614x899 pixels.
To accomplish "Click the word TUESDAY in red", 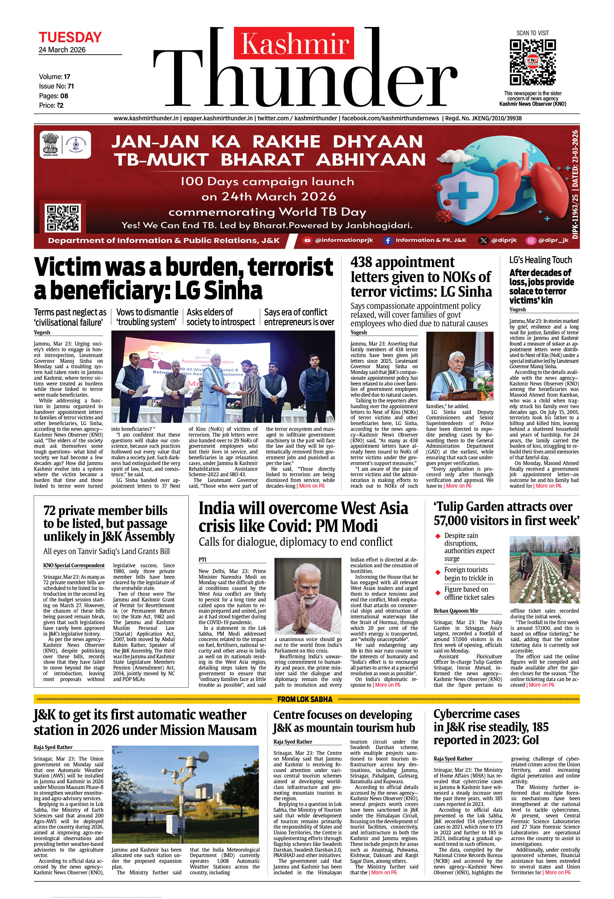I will tap(70, 38).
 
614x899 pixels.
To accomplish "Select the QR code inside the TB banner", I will tap(63, 218).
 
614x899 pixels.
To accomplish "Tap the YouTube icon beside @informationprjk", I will tap(307, 240).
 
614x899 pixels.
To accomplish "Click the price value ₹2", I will tap(59, 105).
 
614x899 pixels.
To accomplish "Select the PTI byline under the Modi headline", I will tap(202, 559).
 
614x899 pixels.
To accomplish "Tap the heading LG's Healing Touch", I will tap(540, 260).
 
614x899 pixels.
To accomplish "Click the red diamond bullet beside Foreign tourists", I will tap(438, 572).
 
